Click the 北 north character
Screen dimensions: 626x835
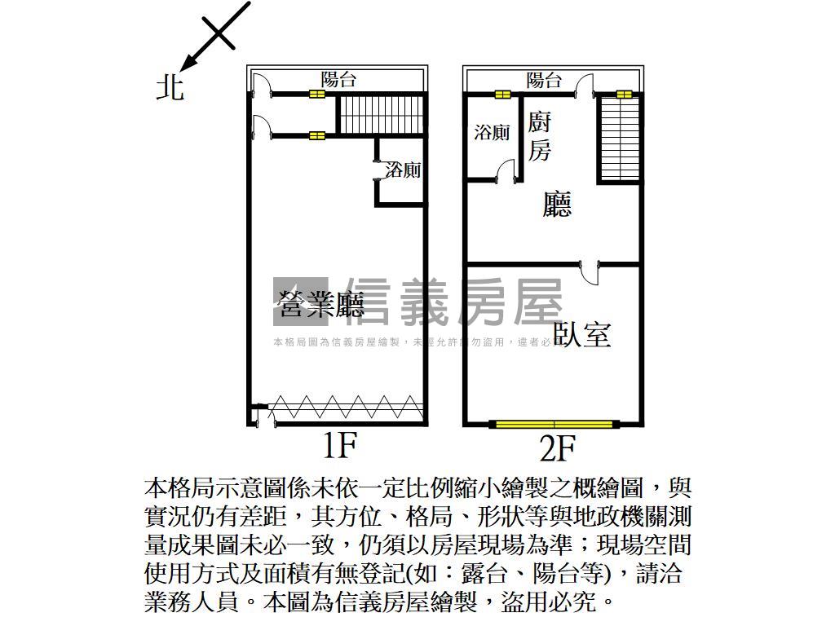click(x=170, y=86)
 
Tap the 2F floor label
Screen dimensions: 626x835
click(x=559, y=447)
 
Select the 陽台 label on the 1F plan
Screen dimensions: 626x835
click(x=338, y=79)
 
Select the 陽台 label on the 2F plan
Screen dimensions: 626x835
click(x=544, y=80)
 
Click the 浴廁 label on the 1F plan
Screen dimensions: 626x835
click(x=403, y=170)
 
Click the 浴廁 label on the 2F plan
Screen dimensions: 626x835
click(x=492, y=133)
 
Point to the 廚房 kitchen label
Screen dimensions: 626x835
click(x=539, y=136)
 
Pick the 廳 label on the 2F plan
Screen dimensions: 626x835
click(x=558, y=204)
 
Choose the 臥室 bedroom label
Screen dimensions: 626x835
click(x=582, y=334)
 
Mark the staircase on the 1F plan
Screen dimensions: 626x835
click(x=382, y=115)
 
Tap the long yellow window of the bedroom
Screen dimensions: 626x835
click(x=554, y=424)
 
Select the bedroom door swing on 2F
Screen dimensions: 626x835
click(x=590, y=272)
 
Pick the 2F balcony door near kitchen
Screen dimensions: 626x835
click(x=584, y=86)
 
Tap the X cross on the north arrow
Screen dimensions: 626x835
click(x=219, y=33)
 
